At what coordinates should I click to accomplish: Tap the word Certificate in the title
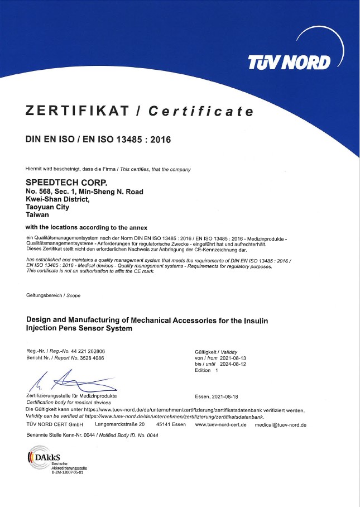200,111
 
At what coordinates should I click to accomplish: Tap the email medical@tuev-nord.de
280,425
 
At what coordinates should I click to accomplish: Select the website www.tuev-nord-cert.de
220,425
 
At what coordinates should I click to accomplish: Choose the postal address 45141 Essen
171,425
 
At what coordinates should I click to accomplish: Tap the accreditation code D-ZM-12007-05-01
67,472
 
